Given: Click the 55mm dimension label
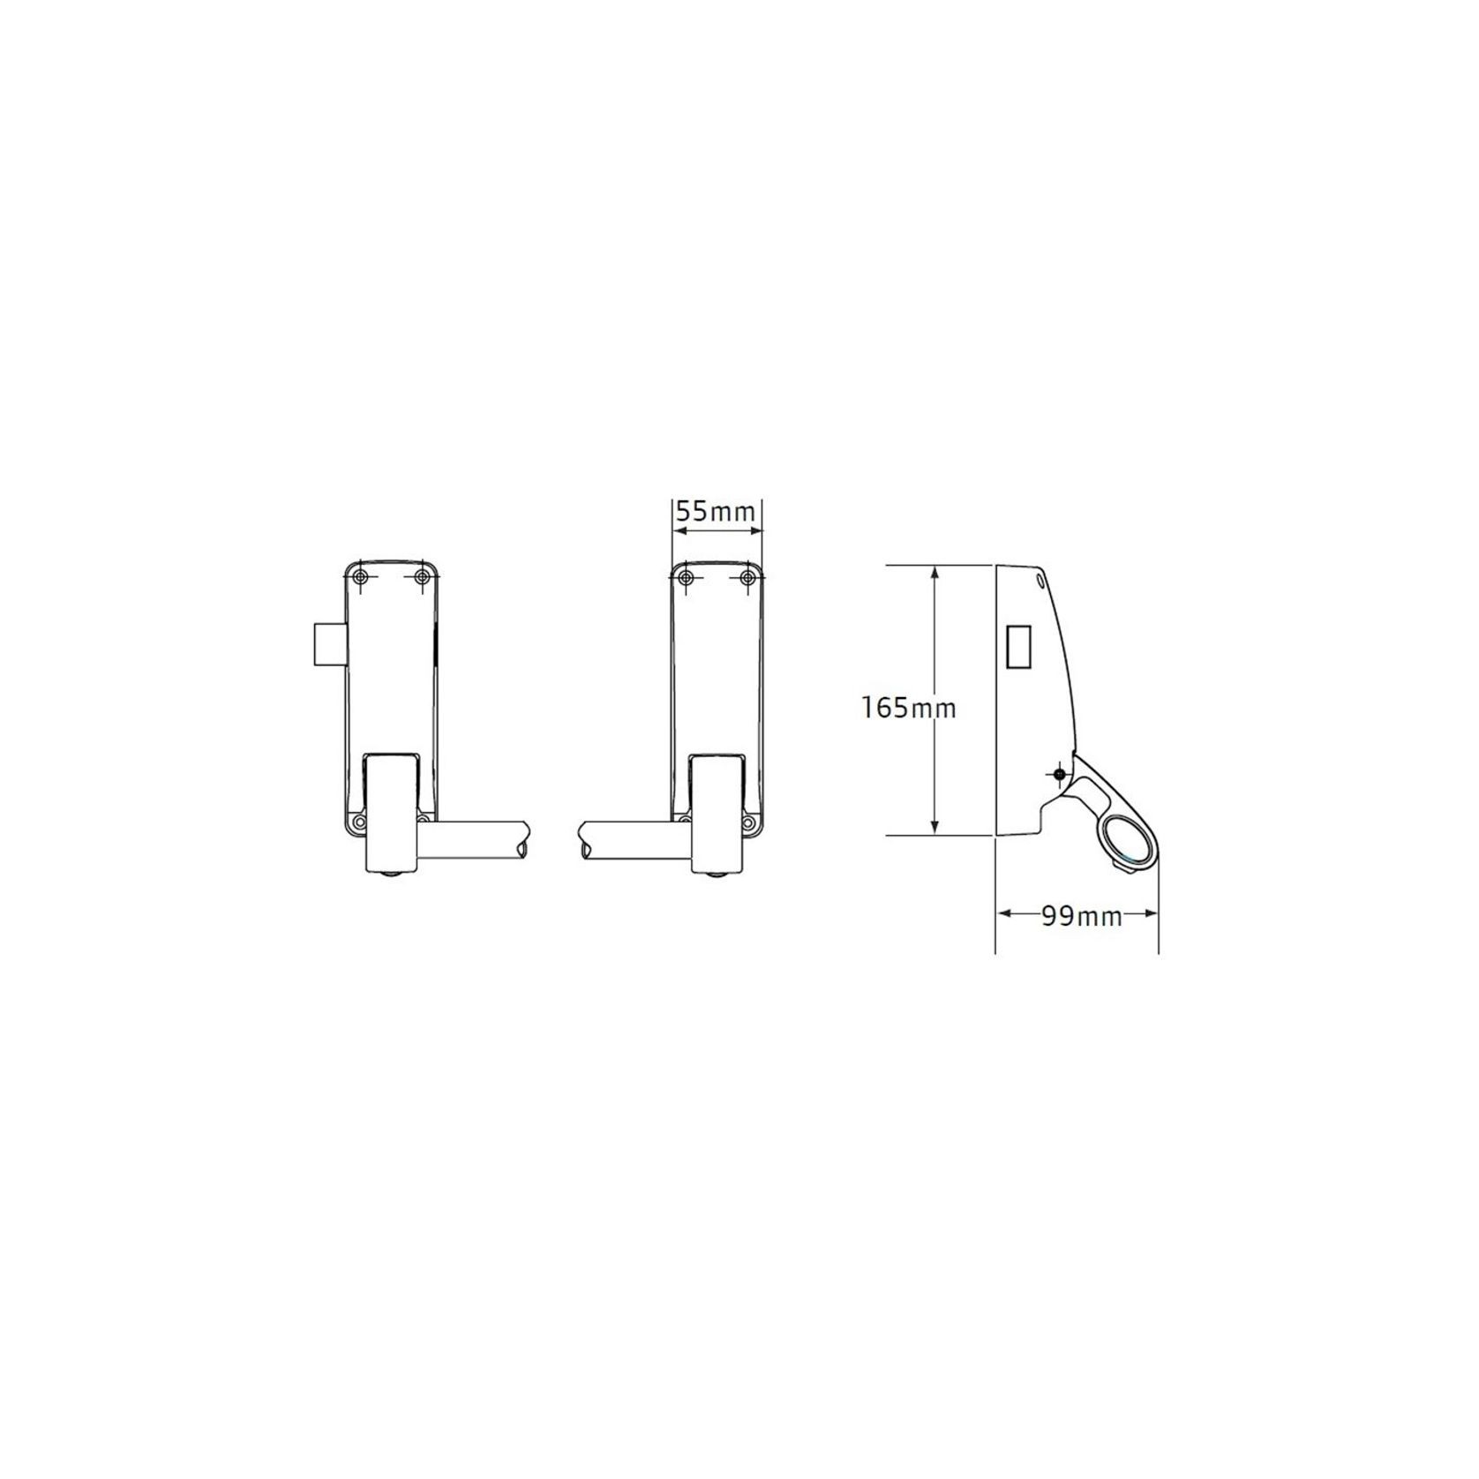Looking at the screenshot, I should (715, 512).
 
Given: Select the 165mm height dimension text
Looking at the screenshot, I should (909, 707).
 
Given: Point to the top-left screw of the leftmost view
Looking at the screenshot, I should (358, 577).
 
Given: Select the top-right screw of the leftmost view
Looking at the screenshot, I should (423, 577).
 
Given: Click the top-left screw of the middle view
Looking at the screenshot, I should (685, 577).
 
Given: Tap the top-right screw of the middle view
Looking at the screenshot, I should (748, 577).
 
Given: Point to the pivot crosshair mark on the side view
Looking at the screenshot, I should (1061, 775).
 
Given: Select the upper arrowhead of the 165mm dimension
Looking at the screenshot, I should (935, 570).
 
